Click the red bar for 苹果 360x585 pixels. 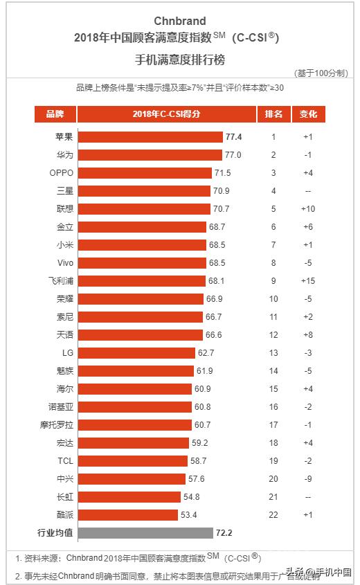coord(150,137)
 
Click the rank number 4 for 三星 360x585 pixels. coord(273,190)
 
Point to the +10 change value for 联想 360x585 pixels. coord(308,208)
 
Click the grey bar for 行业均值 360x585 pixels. coord(145,532)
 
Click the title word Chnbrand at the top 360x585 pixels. coord(180,21)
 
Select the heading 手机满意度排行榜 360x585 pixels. coord(180,60)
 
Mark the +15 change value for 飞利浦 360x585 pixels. coord(308,280)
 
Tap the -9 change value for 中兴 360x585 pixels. coord(308,478)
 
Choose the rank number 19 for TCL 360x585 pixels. coord(273,460)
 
